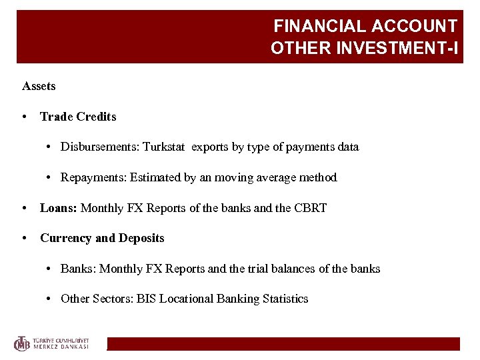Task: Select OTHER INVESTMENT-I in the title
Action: (x=364, y=49)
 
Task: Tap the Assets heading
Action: (x=39, y=86)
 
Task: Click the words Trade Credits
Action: (x=78, y=117)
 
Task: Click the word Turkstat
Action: (x=165, y=147)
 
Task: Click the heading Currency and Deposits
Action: (x=102, y=238)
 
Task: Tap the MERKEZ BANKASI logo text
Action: (x=61, y=347)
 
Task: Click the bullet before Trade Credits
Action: (x=24, y=117)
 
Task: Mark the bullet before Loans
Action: (x=24, y=208)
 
